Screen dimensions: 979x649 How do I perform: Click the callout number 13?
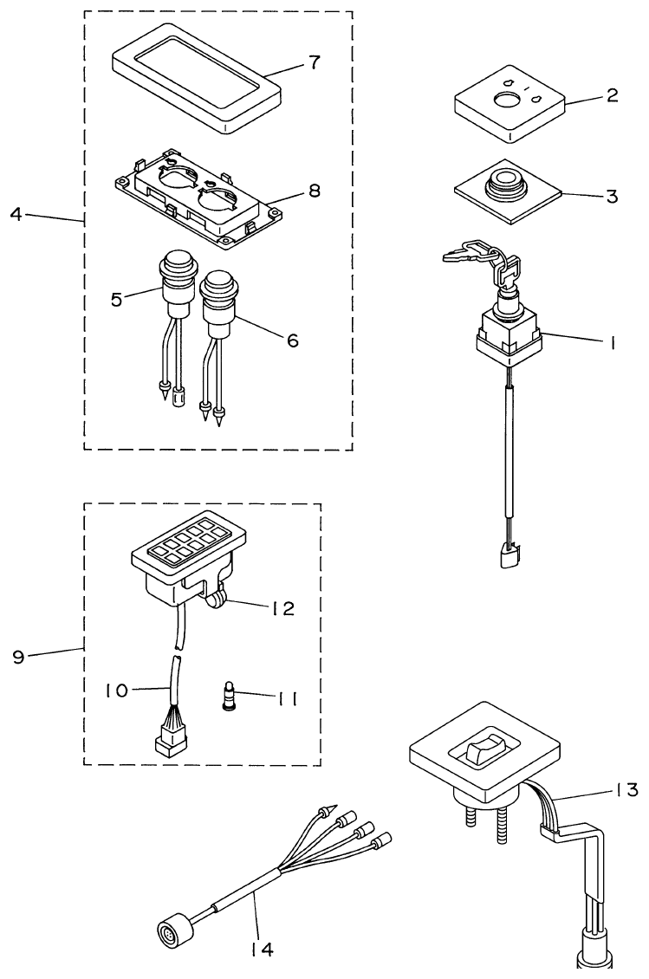[x=626, y=789]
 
